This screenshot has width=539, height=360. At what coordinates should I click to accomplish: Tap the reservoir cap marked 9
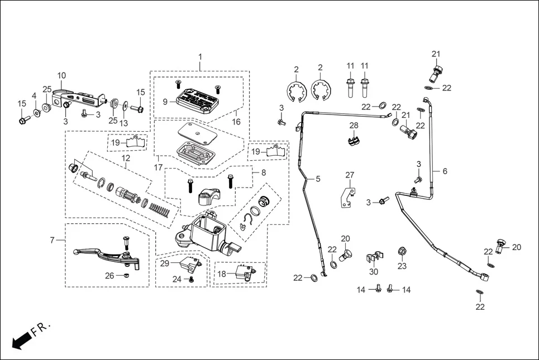click(196, 100)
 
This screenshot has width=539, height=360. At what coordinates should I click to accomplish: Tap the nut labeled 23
click(402, 250)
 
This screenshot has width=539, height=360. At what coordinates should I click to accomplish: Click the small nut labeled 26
click(127, 275)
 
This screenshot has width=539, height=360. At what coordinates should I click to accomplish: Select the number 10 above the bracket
click(61, 75)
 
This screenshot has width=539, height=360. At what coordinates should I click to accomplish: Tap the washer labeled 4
click(37, 113)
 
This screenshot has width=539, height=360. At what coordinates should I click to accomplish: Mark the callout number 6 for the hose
click(445, 171)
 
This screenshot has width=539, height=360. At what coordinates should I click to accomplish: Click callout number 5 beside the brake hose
click(318, 179)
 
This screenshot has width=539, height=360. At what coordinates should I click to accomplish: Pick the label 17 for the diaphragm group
click(159, 167)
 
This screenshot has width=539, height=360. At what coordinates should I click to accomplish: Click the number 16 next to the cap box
click(236, 121)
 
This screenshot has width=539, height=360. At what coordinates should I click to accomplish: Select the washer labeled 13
click(125, 105)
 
